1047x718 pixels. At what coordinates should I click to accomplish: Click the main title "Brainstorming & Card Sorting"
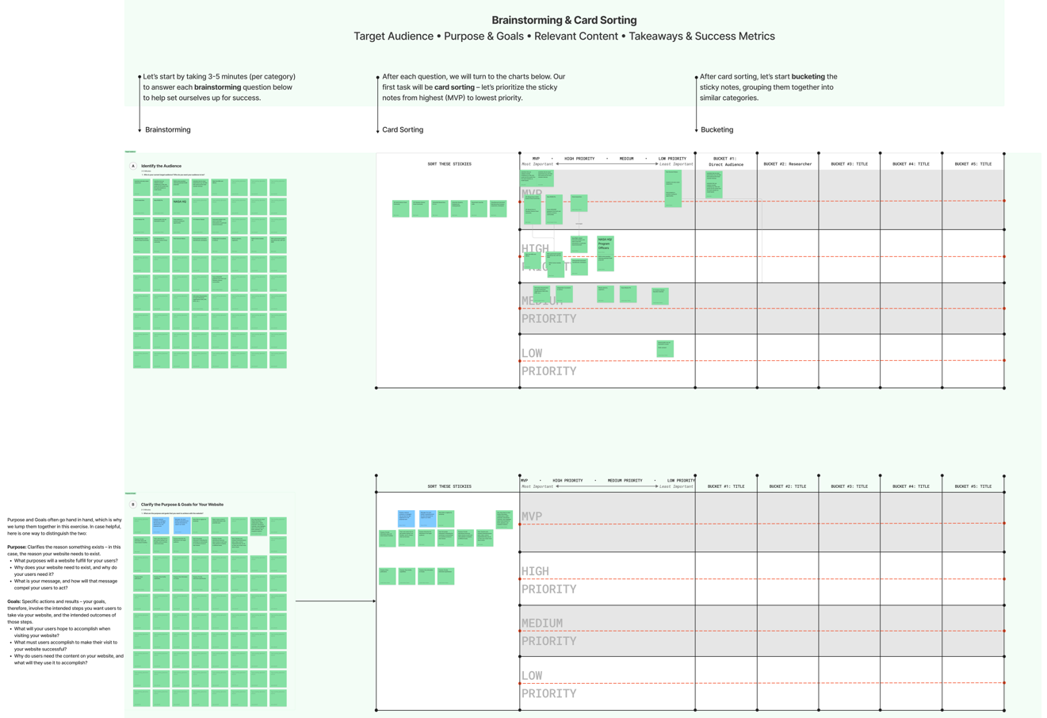pyautogui.click(x=564, y=21)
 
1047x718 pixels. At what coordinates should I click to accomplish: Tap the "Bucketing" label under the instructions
pyautogui.click(x=716, y=129)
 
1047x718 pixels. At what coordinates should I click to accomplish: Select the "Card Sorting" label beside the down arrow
pyautogui.click(x=403, y=129)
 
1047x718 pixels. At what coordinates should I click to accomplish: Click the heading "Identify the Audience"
pyautogui.click(x=161, y=166)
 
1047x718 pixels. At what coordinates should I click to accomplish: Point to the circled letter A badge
pyautogui.click(x=133, y=166)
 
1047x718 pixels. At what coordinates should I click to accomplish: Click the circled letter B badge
pyautogui.click(x=133, y=505)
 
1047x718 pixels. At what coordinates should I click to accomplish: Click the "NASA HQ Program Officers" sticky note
pyautogui.click(x=605, y=252)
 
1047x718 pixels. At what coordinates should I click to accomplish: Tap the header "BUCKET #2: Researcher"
pyautogui.click(x=787, y=164)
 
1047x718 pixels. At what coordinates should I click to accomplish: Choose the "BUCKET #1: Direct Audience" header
pyautogui.click(x=726, y=162)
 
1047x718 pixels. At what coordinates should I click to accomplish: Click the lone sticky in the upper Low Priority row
pyautogui.click(x=665, y=347)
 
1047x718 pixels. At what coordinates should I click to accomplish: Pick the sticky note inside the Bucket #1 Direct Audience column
pyautogui.click(x=713, y=184)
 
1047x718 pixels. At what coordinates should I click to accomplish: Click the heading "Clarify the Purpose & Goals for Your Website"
pyautogui.click(x=182, y=505)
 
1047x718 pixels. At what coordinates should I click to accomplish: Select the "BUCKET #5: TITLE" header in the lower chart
pyautogui.click(x=972, y=486)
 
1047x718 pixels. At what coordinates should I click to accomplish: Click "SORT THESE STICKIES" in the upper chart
pyautogui.click(x=449, y=164)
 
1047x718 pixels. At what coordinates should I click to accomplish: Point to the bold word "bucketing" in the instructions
pyautogui.click(x=808, y=77)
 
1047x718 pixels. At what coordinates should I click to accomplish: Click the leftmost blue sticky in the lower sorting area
pyautogui.click(x=406, y=519)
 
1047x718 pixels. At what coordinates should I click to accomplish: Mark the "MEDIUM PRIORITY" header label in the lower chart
pyautogui.click(x=625, y=480)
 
